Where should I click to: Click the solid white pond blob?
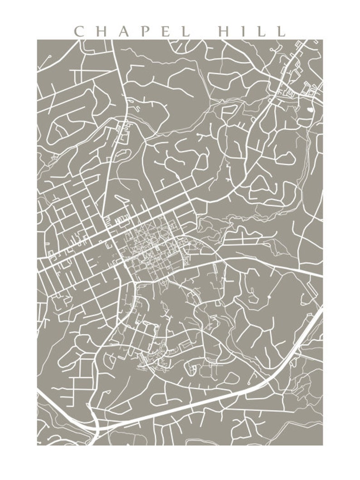tap(310, 109)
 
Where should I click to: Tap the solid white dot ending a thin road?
tap(269, 297)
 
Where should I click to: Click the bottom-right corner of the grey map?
tap(322, 445)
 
